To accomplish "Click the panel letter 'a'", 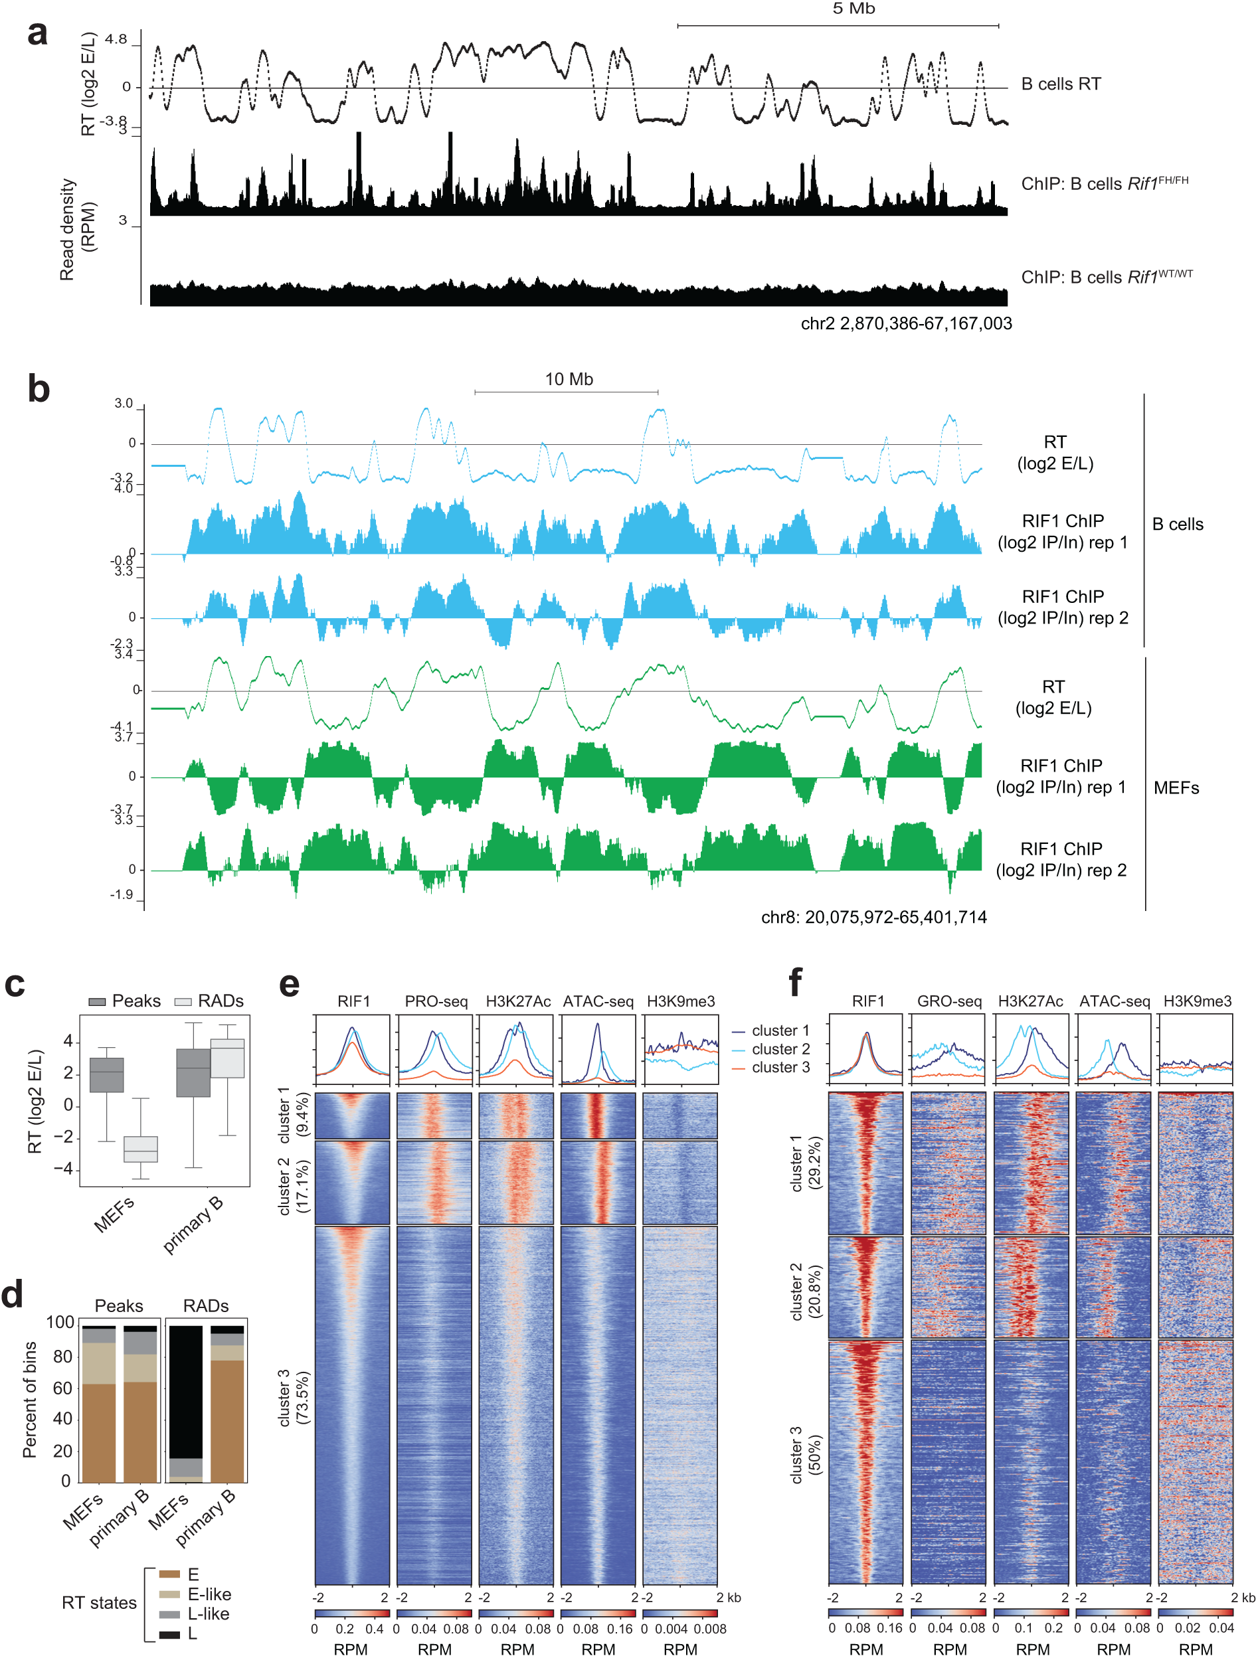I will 37,34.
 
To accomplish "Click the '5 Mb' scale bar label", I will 853,9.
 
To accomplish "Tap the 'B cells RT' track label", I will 1060,84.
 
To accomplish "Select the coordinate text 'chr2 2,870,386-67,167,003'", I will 905,323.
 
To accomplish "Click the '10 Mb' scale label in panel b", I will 569,379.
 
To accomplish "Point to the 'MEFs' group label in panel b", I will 1176,788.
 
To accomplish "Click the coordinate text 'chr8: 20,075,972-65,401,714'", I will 873,916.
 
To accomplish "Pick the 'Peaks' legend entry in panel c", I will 125,1001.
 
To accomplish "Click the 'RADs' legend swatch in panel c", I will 183,1001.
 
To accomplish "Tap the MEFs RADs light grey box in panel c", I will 140,1149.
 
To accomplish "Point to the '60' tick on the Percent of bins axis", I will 63,1388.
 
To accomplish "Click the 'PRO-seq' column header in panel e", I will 436,1001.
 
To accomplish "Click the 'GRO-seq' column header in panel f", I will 949,1001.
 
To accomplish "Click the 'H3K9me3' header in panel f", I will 1197,1001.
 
